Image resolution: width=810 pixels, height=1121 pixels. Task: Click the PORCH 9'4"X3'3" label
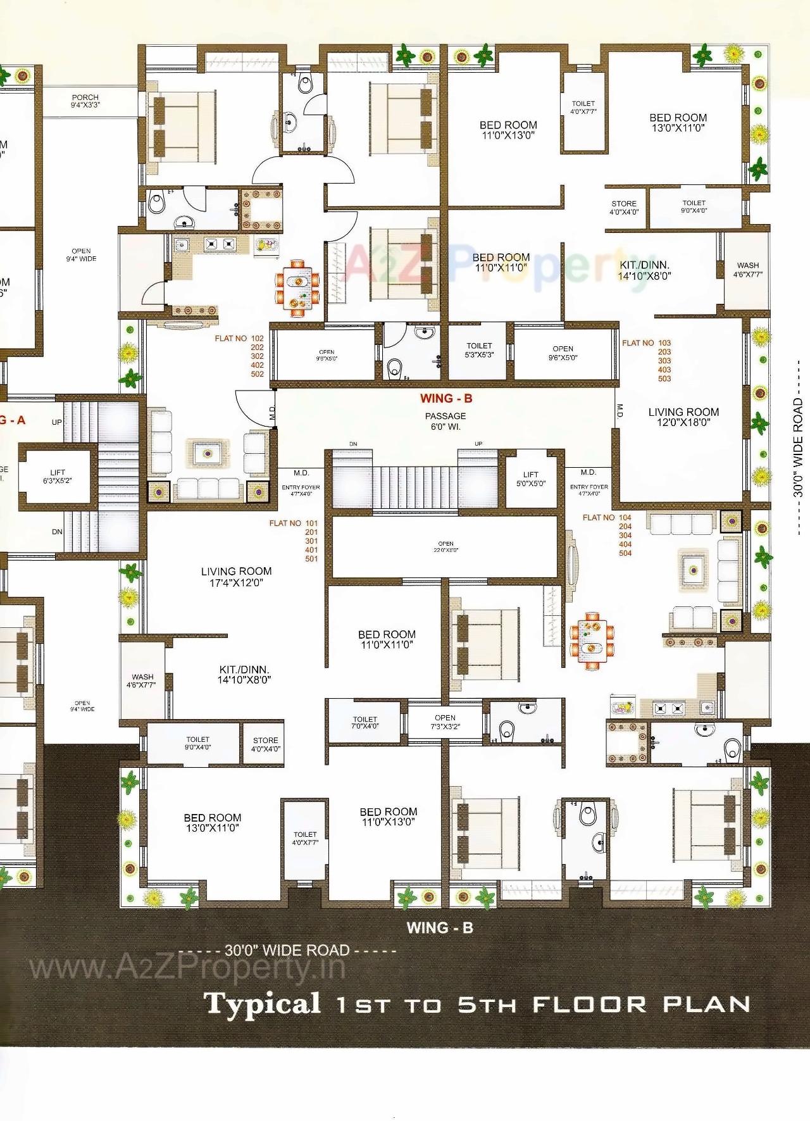click(x=85, y=101)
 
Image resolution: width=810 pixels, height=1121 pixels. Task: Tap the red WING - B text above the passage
click(x=446, y=398)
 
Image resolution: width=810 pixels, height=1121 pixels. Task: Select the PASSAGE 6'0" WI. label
click(x=445, y=421)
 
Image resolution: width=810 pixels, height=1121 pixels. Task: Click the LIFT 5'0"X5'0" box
click(x=530, y=479)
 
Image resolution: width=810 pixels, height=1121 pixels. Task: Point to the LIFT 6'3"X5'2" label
click(x=58, y=476)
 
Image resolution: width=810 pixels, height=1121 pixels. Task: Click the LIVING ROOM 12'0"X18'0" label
click(x=683, y=417)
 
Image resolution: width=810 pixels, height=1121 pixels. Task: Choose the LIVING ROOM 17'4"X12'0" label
click(x=236, y=577)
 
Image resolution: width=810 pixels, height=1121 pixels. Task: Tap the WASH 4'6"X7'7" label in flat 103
click(x=748, y=270)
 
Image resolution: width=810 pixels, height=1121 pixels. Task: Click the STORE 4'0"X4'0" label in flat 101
click(x=265, y=744)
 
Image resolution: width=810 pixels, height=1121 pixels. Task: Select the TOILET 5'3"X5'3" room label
click(x=479, y=350)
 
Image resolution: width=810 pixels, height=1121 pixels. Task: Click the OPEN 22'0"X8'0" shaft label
click(x=445, y=546)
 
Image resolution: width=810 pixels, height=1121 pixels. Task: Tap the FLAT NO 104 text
click(x=607, y=518)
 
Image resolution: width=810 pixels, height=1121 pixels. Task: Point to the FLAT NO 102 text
click(x=239, y=339)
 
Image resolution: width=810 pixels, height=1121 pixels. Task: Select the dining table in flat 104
click(x=592, y=639)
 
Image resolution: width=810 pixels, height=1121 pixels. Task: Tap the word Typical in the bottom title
click(x=262, y=1004)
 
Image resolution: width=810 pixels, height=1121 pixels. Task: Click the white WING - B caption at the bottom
click(x=440, y=928)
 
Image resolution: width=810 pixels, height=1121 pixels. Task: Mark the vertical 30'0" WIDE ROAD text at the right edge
click(x=797, y=446)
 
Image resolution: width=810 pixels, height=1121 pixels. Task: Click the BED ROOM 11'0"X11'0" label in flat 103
click(x=501, y=262)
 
